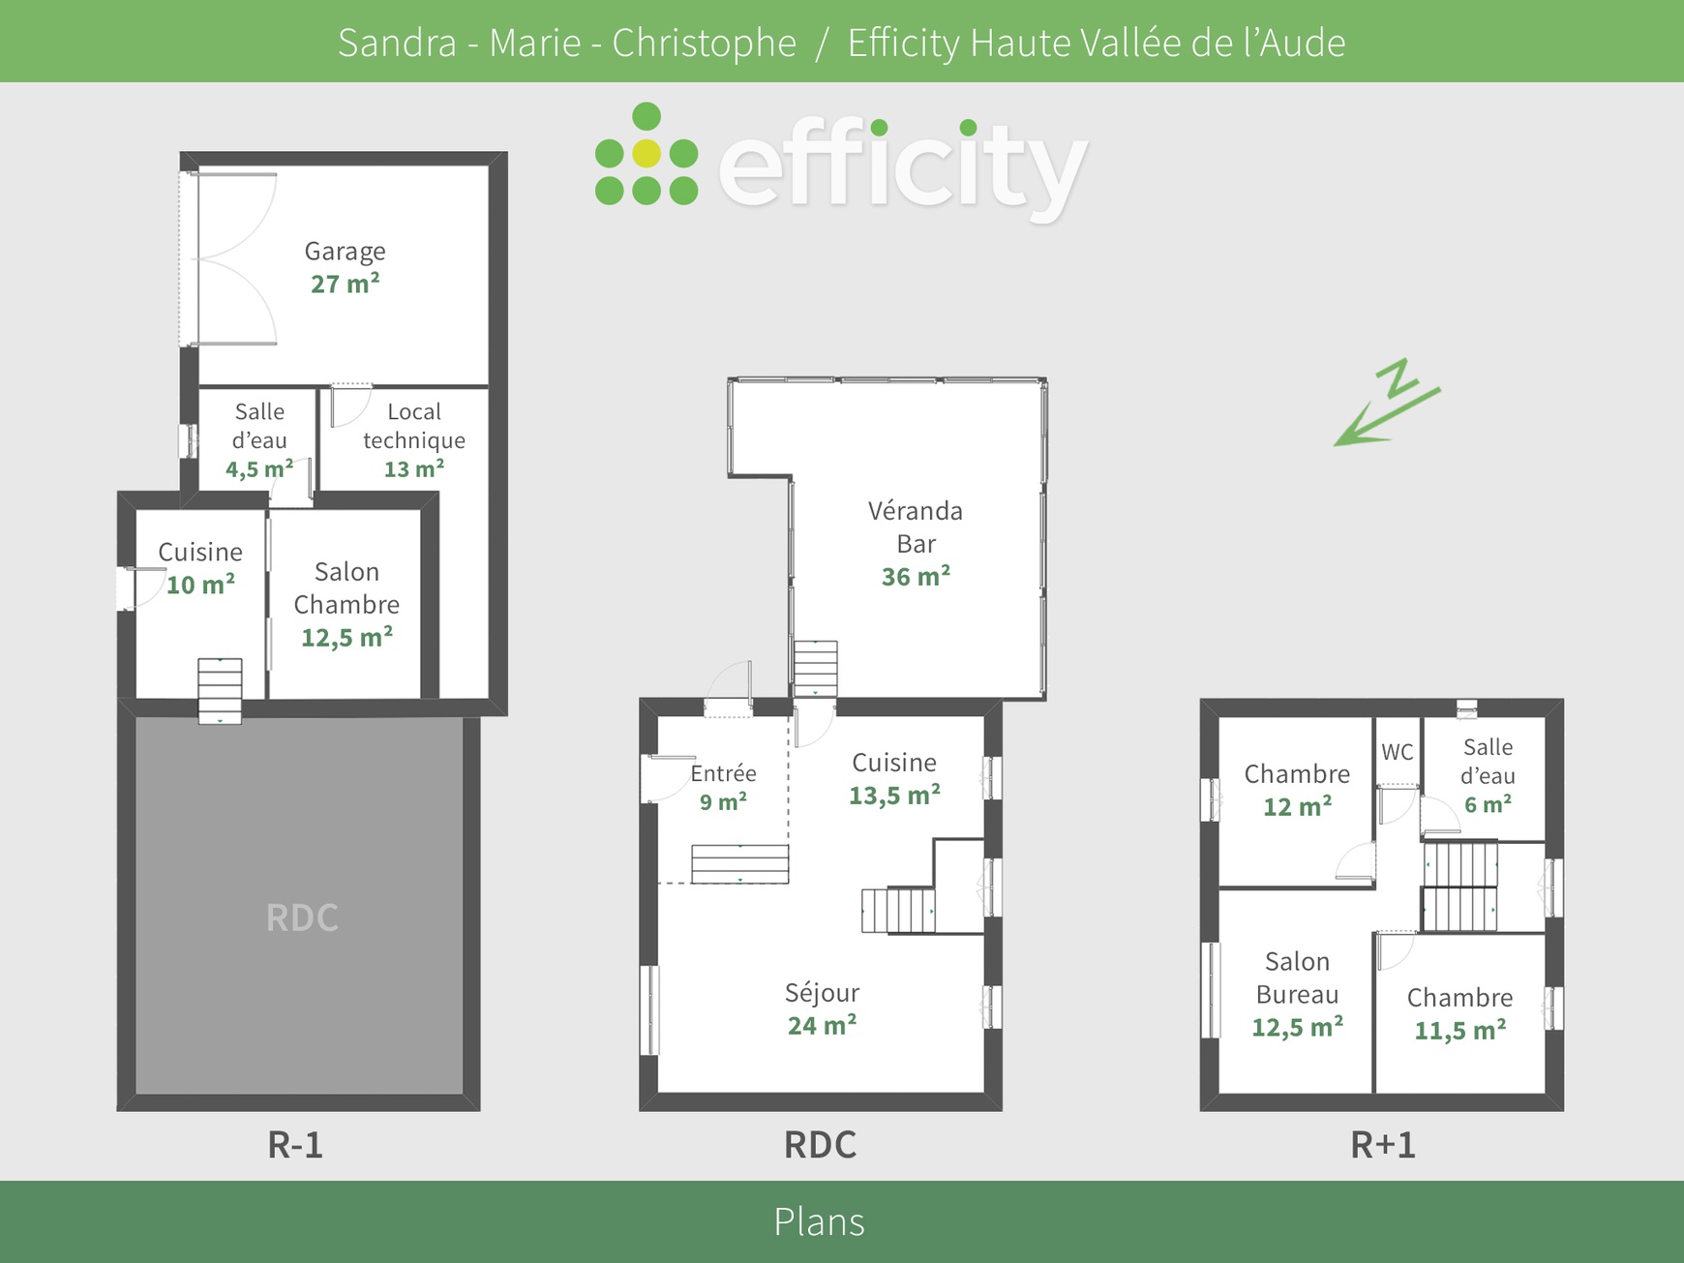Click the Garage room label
pyautogui.click(x=345, y=252)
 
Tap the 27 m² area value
pyautogui.click(x=345, y=285)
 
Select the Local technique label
pyautogui.click(x=414, y=426)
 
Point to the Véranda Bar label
pyautogui.click(x=916, y=526)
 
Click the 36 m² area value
pyautogui.click(x=916, y=577)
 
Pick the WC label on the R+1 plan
pyautogui.click(x=1397, y=752)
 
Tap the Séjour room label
pyautogui.click(x=822, y=993)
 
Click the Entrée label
pyautogui.click(x=723, y=773)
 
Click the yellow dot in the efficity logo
pyautogui.click(x=647, y=153)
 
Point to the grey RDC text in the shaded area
pyautogui.click(x=302, y=917)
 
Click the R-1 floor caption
pyautogui.click(x=295, y=1145)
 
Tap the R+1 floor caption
pyautogui.click(x=1382, y=1145)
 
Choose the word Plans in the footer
pyautogui.click(x=819, y=1221)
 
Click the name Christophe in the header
pyautogui.click(x=704, y=43)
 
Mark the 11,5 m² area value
pyautogui.click(x=1459, y=1031)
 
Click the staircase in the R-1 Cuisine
pyautogui.click(x=220, y=690)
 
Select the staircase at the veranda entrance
pyautogui.click(x=815, y=668)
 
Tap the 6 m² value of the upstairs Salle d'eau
pyautogui.click(x=1488, y=805)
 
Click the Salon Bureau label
pyautogui.click(x=1297, y=977)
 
